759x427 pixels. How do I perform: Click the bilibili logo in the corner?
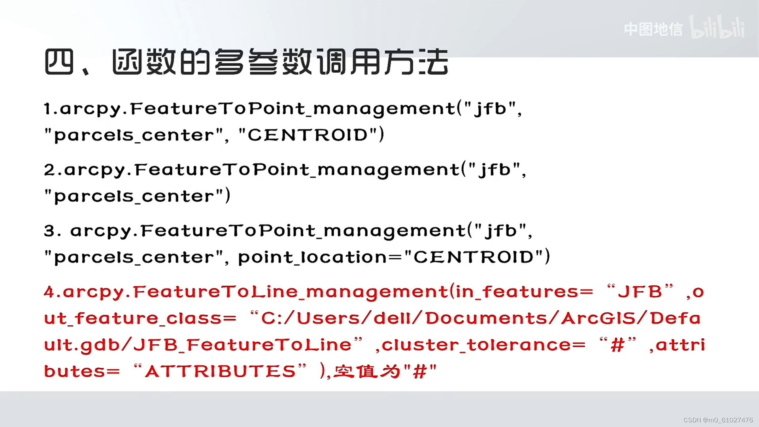717,28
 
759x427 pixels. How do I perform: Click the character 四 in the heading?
59,62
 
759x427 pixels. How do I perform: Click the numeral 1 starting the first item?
47,109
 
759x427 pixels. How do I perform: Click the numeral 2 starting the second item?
49,170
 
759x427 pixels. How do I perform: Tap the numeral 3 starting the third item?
49,231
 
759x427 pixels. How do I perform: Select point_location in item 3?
312,258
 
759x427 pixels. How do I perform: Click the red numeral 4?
49,292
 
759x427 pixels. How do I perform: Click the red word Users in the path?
328,319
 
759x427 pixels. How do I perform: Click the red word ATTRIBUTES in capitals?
220,372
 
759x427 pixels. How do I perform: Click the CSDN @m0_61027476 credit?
718,420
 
